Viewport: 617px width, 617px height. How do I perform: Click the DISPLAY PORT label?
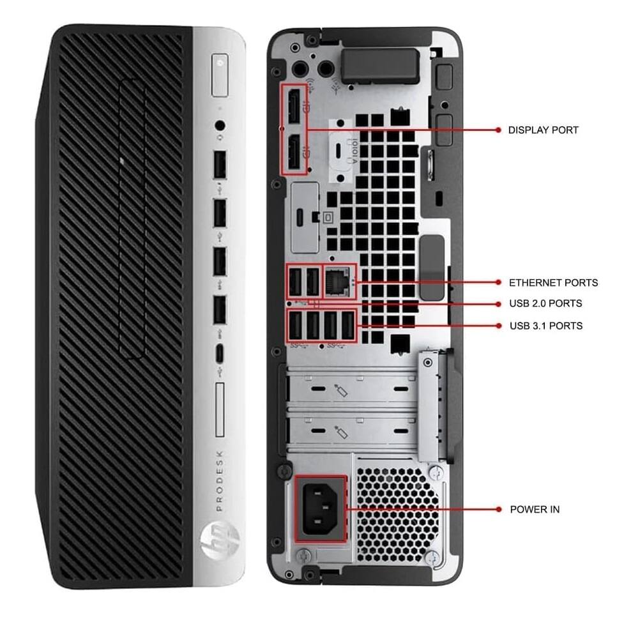tap(543, 130)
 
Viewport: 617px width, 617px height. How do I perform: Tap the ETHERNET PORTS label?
tap(553, 282)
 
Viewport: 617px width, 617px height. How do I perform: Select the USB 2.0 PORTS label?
tap(545, 303)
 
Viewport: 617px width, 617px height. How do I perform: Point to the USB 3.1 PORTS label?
tap(545, 326)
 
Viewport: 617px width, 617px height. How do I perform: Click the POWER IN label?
tap(535, 510)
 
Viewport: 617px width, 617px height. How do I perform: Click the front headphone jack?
tap(220, 126)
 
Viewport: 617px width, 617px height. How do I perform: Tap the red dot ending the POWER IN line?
tap(498, 510)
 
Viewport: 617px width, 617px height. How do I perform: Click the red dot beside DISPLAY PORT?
tap(498, 130)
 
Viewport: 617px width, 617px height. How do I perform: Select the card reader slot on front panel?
tap(221, 410)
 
